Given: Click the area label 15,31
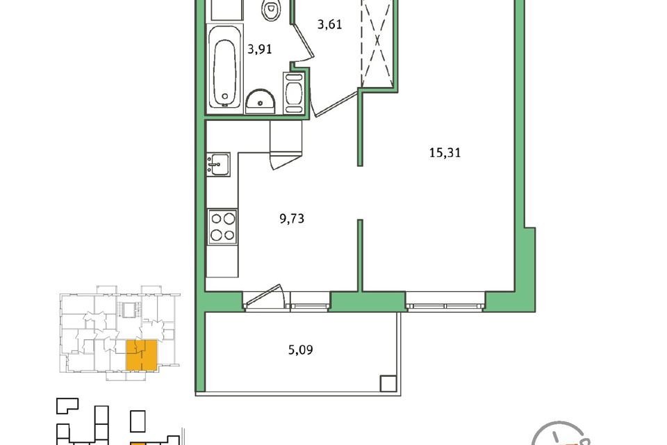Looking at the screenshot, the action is [445, 152].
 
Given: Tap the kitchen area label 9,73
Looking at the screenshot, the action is [292, 219].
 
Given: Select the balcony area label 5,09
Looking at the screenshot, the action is [301, 350].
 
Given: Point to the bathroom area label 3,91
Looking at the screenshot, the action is [259, 49].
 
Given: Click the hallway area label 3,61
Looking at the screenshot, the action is [329, 24].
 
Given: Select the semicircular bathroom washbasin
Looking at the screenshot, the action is [261, 102].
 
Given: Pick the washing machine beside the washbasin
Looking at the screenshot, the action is [294, 93].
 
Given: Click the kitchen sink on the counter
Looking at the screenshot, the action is [218, 164].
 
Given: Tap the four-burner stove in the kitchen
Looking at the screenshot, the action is [222, 227].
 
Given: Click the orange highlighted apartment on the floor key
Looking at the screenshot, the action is [142, 355].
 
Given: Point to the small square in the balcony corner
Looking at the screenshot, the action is [388, 383].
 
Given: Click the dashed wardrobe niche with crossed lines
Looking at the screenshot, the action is [377, 42].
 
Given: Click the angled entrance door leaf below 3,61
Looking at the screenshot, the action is [335, 103].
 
